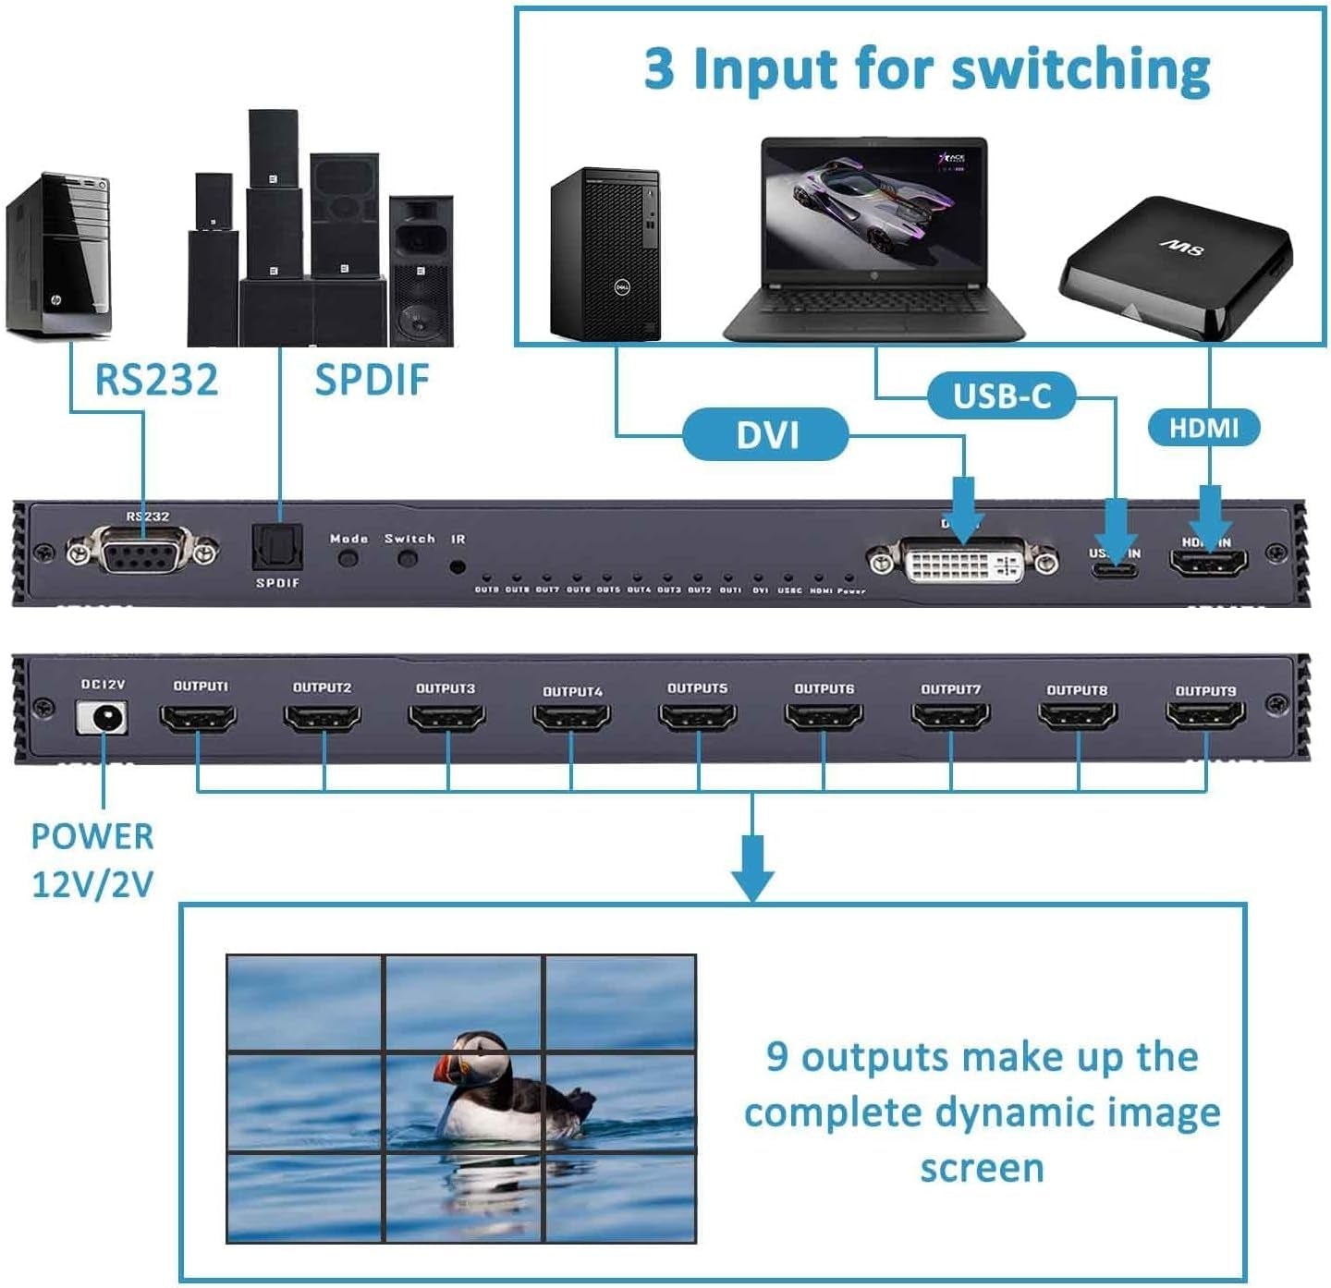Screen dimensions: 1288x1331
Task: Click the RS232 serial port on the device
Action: [x=142, y=553]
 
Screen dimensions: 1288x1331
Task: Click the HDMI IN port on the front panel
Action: [x=1209, y=562]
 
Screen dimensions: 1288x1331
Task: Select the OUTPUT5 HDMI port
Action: [x=698, y=716]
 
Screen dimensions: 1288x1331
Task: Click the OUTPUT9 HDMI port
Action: [x=1205, y=715]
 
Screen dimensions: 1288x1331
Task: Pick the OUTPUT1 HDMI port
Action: [x=198, y=716]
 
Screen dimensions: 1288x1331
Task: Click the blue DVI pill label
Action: [x=765, y=434]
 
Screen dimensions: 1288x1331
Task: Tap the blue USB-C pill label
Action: [x=1002, y=396]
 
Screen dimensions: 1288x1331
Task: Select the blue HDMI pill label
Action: [x=1203, y=428]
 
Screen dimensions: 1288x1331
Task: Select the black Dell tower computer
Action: [x=605, y=254]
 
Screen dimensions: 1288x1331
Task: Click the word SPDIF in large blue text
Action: [x=372, y=380]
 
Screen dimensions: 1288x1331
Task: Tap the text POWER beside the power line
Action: [x=92, y=836]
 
